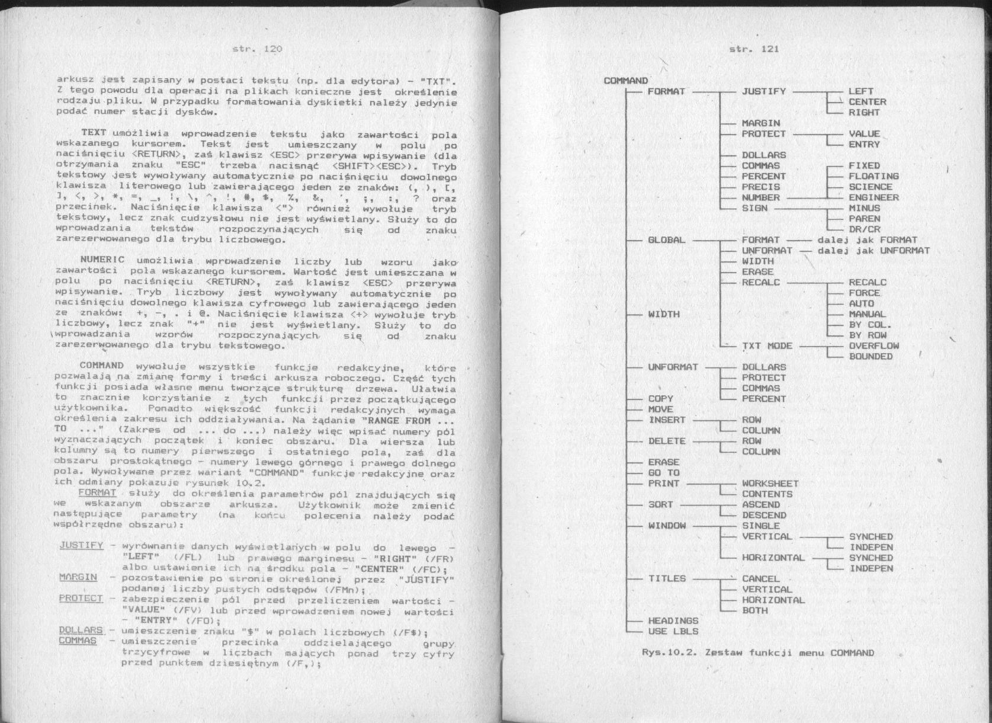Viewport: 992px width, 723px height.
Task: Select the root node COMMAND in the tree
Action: coord(625,81)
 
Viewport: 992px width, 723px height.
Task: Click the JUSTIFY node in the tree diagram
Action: coord(763,91)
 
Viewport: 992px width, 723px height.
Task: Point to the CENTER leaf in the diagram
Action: coord(867,102)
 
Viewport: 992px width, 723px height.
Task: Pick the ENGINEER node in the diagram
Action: coord(874,197)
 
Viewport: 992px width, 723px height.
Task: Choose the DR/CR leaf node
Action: coord(864,229)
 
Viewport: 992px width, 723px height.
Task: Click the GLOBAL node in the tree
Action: coord(666,240)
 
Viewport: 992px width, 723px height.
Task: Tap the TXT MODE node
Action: coord(767,346)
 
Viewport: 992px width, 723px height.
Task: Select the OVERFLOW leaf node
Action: coord(874,346)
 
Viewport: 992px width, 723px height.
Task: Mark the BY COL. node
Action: coord(869,325)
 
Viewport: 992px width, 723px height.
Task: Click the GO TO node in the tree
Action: coord(663,473)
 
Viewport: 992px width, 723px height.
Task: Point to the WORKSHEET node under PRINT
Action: coord(770,484)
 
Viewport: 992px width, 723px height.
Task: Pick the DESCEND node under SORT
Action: coord(764,516)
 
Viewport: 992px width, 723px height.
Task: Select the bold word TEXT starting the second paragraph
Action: coord(94,133)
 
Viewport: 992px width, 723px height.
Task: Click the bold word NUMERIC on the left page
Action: coord(102,260)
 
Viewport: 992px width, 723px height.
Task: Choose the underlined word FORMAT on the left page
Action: coord(97,493)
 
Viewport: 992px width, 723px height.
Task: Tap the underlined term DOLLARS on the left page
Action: coord(81,631)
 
